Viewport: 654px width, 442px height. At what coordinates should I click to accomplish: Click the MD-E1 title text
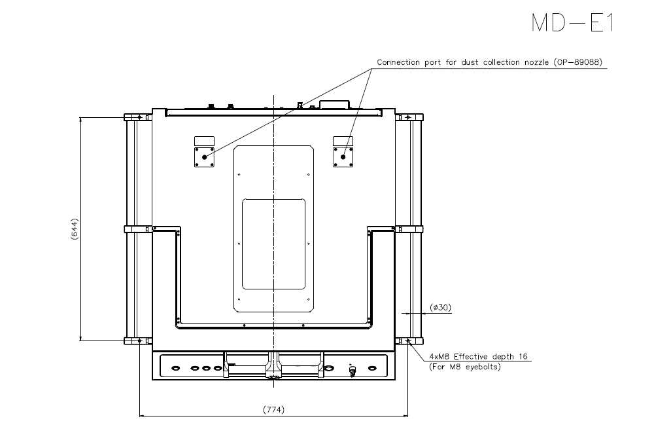pos(572,22)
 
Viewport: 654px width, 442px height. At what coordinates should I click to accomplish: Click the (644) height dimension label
pos(75,229)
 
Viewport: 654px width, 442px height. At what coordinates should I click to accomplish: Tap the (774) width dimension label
pos(273,410)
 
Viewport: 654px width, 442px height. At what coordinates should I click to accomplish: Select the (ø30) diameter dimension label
pos(440,307)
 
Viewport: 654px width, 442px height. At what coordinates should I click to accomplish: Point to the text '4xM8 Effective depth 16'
pos(479,357)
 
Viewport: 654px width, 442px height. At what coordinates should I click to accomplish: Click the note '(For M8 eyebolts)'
pos(464,367)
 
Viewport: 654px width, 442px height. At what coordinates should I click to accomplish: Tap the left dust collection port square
pos(205,157)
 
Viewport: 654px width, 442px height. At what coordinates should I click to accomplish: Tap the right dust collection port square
pos(343,157)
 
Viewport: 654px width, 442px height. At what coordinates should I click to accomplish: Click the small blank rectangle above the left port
pos(205,141)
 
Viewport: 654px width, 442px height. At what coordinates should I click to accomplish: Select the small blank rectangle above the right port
pos(343,141)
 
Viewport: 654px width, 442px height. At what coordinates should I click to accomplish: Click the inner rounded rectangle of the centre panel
pos(274,244)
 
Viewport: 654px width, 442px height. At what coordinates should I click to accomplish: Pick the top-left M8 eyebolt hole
pos(139,118)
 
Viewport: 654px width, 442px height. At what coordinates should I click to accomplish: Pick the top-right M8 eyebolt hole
pos(408,118)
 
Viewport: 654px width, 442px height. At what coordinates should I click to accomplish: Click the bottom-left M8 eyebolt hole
pos(139,341)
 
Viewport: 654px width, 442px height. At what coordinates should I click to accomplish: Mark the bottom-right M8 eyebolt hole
pos(408,341)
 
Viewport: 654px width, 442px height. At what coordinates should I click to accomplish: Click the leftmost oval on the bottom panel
pos(175,368)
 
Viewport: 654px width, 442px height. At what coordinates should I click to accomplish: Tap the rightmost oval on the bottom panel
pos(372,368)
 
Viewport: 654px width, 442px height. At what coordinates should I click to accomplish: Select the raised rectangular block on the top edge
pos(335,103)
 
